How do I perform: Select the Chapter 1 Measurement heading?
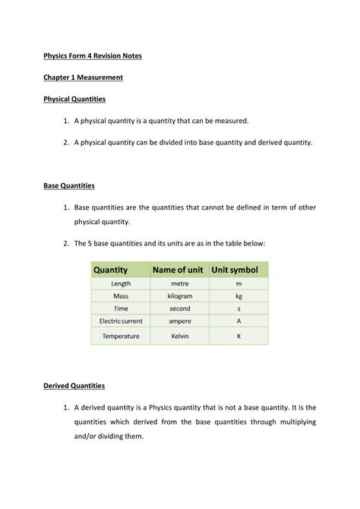point(83,77)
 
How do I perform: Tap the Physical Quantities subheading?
point(74,100)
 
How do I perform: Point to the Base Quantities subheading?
point(68,185)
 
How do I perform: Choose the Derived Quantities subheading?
point(74,386)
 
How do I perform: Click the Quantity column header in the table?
point(111,270)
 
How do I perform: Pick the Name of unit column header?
point(179,270)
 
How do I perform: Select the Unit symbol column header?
point(235,270)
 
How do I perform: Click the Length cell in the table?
point(121,283)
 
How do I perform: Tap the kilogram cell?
point(180,296)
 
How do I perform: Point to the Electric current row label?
point(121,321)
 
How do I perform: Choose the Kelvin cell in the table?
point(180,336)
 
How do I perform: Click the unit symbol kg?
point(238,296)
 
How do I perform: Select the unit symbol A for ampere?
point(238,321)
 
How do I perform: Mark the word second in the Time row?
point(180,309)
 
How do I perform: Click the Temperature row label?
point(121,336)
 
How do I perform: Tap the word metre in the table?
point(180,283)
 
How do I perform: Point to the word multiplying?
point(294,422)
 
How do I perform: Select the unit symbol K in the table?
point(238,336)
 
